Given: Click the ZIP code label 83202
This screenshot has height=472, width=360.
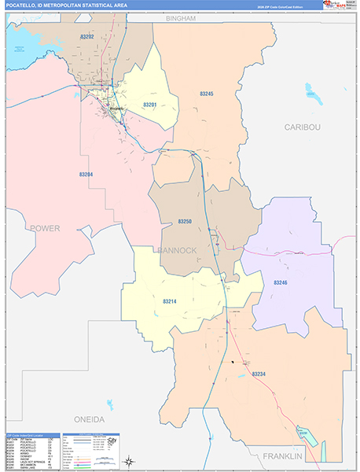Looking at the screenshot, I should point(87,36).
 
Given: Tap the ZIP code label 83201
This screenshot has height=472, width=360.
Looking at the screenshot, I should point(150,105).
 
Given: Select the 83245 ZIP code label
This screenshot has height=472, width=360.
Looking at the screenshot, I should point(207,94).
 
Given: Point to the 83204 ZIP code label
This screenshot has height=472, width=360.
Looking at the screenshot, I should point(86,174).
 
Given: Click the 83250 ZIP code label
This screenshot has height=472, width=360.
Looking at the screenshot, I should point(186,221).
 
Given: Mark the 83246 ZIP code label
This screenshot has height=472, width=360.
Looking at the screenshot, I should point(281,281).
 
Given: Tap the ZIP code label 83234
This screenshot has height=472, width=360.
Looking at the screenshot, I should point(260,374).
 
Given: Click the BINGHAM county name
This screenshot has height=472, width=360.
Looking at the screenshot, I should point(180,17).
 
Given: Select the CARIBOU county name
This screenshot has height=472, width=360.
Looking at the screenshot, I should point(303,126).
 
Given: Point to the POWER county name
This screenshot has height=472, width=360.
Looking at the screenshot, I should point(45,228).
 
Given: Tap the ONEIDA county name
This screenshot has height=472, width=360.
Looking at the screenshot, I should point(90,419).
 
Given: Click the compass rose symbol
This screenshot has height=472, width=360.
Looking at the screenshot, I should point(130,460).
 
